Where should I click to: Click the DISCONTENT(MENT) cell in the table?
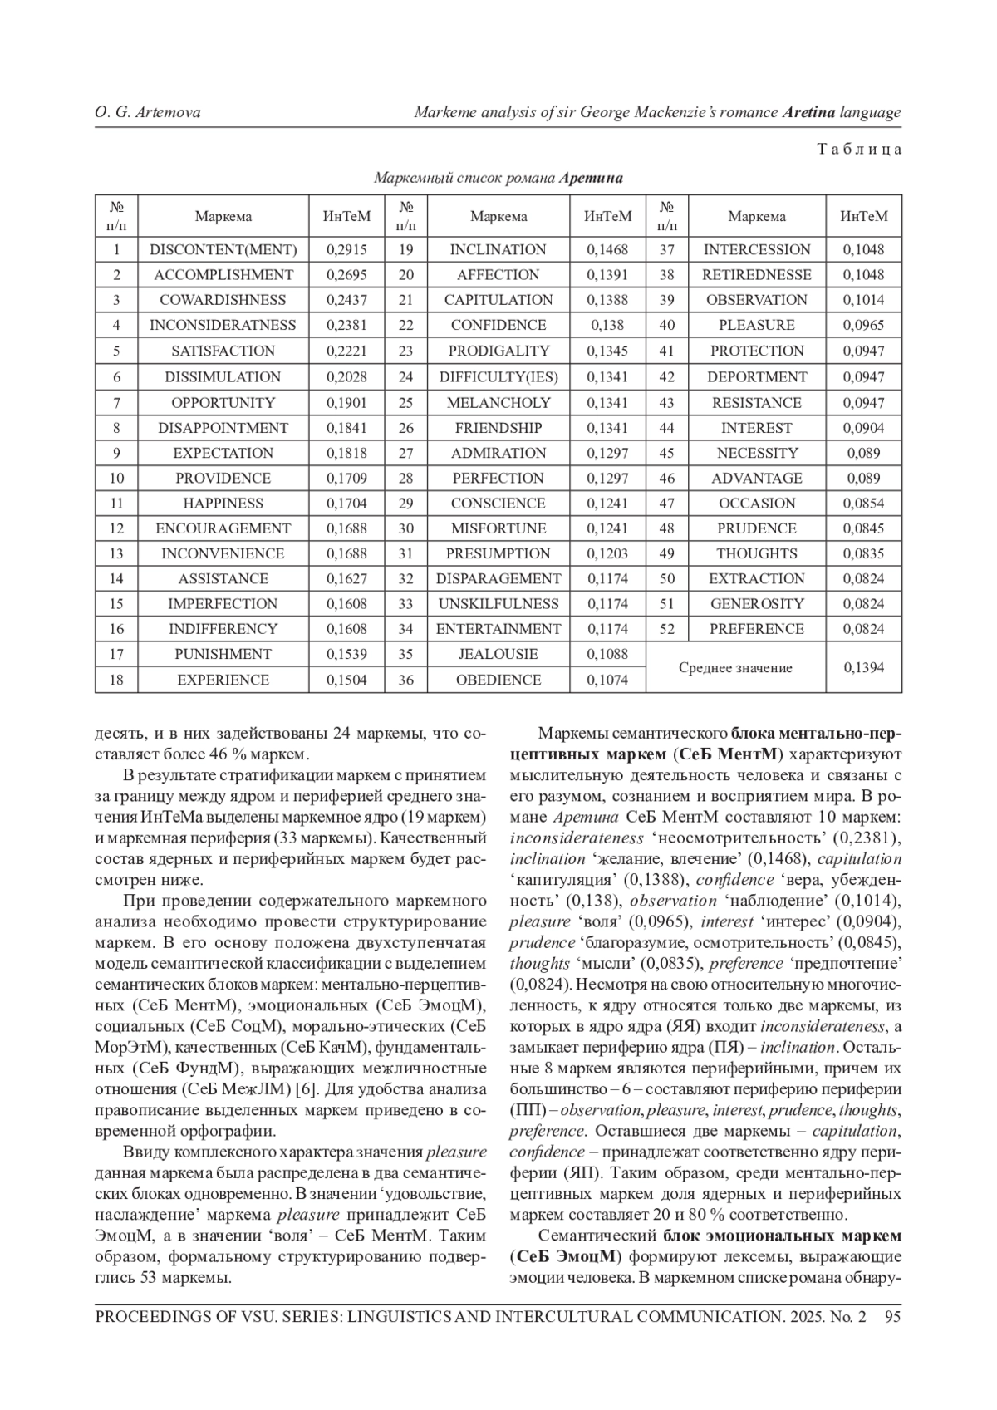[223, 249]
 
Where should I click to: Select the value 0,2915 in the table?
[346, 249]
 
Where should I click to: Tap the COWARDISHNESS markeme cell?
[223, 300]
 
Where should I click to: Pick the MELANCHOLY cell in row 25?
[498, 402]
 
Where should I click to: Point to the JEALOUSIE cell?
[498, 654]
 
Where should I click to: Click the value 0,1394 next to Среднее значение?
[863, 667]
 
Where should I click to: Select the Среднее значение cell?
[735, 667]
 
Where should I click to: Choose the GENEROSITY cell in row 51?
[757, 604]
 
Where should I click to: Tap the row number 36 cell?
[405, 680]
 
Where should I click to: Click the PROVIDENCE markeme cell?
[223, 478]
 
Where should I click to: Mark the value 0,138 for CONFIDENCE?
[607, 325]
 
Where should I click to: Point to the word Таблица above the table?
[859, 150]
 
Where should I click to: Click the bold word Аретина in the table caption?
[591, 178]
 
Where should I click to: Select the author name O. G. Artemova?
[147, 112]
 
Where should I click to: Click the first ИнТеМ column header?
[346, 216]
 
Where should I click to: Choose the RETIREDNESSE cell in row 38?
[757, 274]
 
